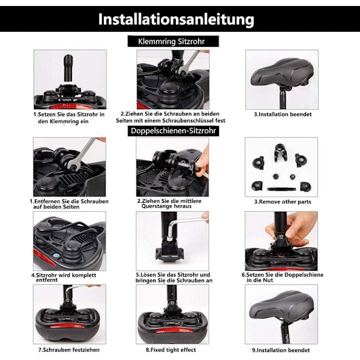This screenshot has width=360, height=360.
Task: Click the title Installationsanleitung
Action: point(176,20)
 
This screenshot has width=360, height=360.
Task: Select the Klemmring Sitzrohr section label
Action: point(171,41)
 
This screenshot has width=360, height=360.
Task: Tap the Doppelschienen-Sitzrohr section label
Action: point(173,131)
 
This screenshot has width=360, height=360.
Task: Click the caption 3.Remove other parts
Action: point(283,202)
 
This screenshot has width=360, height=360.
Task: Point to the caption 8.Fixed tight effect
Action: point(171,350)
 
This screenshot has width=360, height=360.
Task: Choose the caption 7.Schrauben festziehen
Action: point(68,350)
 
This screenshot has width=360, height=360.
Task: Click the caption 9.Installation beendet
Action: point(281,350)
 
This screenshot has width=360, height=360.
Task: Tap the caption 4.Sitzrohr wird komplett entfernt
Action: point(64,277)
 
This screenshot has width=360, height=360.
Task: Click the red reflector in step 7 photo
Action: point(70,326)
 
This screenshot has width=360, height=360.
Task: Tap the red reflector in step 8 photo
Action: point(173,331)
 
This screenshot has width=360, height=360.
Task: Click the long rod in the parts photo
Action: point(281,189)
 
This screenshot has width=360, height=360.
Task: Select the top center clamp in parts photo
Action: point(280,152)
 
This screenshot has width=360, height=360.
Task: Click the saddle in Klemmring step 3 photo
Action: point(281,73)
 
